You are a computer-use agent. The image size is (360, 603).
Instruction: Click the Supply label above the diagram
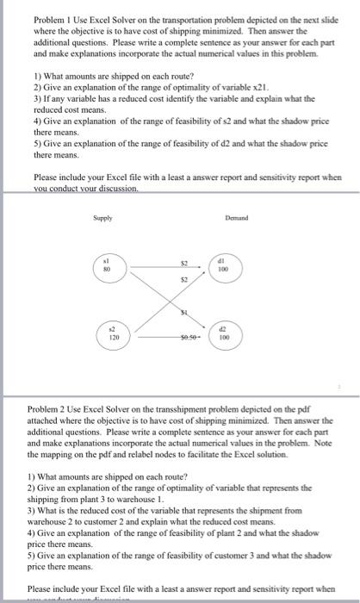tap(102, 220)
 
